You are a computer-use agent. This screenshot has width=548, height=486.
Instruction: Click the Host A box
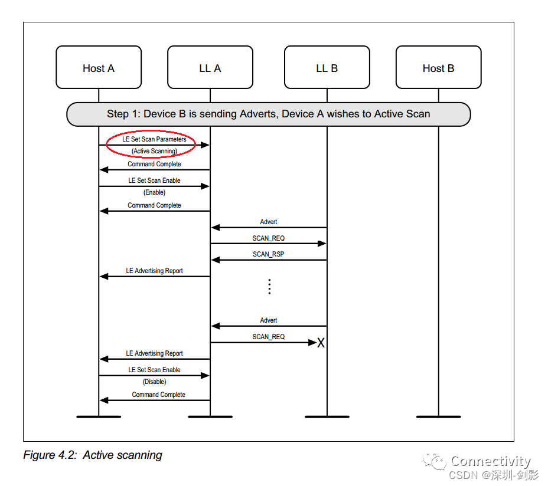(99, 68)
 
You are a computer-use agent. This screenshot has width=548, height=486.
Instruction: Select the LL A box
(210, 68)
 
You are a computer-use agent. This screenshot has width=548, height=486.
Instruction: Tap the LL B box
(327, 68)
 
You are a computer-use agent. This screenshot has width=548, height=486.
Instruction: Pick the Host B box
(438, 68)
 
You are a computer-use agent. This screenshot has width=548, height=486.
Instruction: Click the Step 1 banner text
(268, 114)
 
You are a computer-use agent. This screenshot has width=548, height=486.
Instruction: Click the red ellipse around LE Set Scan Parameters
(154, 145)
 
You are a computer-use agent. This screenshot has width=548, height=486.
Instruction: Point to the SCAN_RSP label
(269, 254)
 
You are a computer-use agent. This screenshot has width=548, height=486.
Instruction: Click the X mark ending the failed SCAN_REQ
(321, 343)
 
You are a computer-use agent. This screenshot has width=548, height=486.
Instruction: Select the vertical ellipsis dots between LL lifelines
(269, 287)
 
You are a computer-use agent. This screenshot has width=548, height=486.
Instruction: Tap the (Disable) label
(154, 382)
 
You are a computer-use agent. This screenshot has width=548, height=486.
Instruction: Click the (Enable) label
(154, 192)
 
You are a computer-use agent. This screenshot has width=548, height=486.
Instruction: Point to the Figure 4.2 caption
(92, 455)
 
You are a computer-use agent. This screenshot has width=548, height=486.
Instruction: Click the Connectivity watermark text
(490, 461)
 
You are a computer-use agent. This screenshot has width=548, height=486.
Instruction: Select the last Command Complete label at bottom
(158, 395)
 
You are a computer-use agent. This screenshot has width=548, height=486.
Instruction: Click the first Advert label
(269, 222)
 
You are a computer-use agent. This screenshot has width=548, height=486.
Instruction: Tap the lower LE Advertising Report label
(154, 353)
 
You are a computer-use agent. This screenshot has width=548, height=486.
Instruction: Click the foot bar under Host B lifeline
(438, 416)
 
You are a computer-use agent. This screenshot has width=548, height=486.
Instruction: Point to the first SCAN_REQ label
(269, 238)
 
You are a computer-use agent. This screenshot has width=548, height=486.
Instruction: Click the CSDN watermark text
(494, 475)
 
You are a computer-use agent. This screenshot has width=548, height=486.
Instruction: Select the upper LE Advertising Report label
(154, 271)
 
